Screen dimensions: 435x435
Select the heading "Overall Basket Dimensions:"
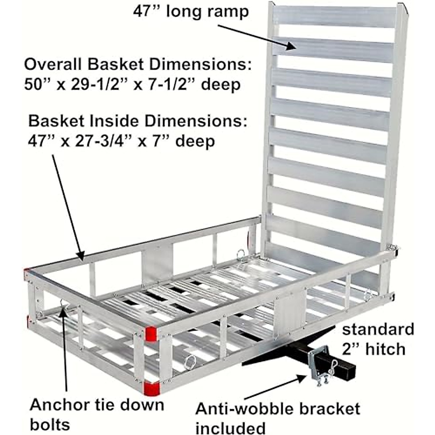[138, 65]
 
